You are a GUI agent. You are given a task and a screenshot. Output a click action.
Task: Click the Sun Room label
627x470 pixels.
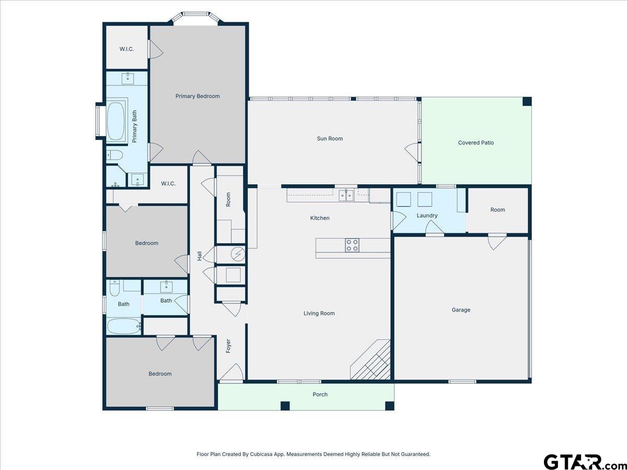[330, 139]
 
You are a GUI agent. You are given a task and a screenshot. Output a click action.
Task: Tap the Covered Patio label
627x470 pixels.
[476, 143]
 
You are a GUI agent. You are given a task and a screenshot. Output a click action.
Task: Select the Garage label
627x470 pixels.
[461, 310]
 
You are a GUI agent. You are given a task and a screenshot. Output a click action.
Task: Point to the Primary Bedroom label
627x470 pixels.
[198, 96]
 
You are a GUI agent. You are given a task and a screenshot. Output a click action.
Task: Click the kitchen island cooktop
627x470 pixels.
[352, 245]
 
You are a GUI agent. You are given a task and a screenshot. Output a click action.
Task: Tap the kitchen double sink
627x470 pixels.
[346, 195]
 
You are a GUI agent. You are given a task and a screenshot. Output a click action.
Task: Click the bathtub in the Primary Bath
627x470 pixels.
[117, 121]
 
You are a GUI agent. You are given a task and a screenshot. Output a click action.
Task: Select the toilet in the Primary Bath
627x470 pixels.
[114, 155]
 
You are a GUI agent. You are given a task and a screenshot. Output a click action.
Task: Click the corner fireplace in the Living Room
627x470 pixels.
[371, 360]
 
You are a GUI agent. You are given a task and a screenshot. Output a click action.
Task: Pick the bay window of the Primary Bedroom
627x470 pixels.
[195, 17]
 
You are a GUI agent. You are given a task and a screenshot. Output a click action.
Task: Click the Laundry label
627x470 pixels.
[427, 216]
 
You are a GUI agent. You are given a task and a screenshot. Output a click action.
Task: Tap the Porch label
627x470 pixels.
[320, 394]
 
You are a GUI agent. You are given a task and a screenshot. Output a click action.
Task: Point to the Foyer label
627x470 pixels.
[228, 346]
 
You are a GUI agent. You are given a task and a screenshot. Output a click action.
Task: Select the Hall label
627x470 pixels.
[200, 256]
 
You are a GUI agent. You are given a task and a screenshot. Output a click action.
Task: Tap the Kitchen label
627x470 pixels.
[320, 218]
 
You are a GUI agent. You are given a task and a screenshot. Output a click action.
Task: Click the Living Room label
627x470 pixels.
[319, 313]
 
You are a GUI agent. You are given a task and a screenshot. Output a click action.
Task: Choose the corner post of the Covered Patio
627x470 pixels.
[527, 102]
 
